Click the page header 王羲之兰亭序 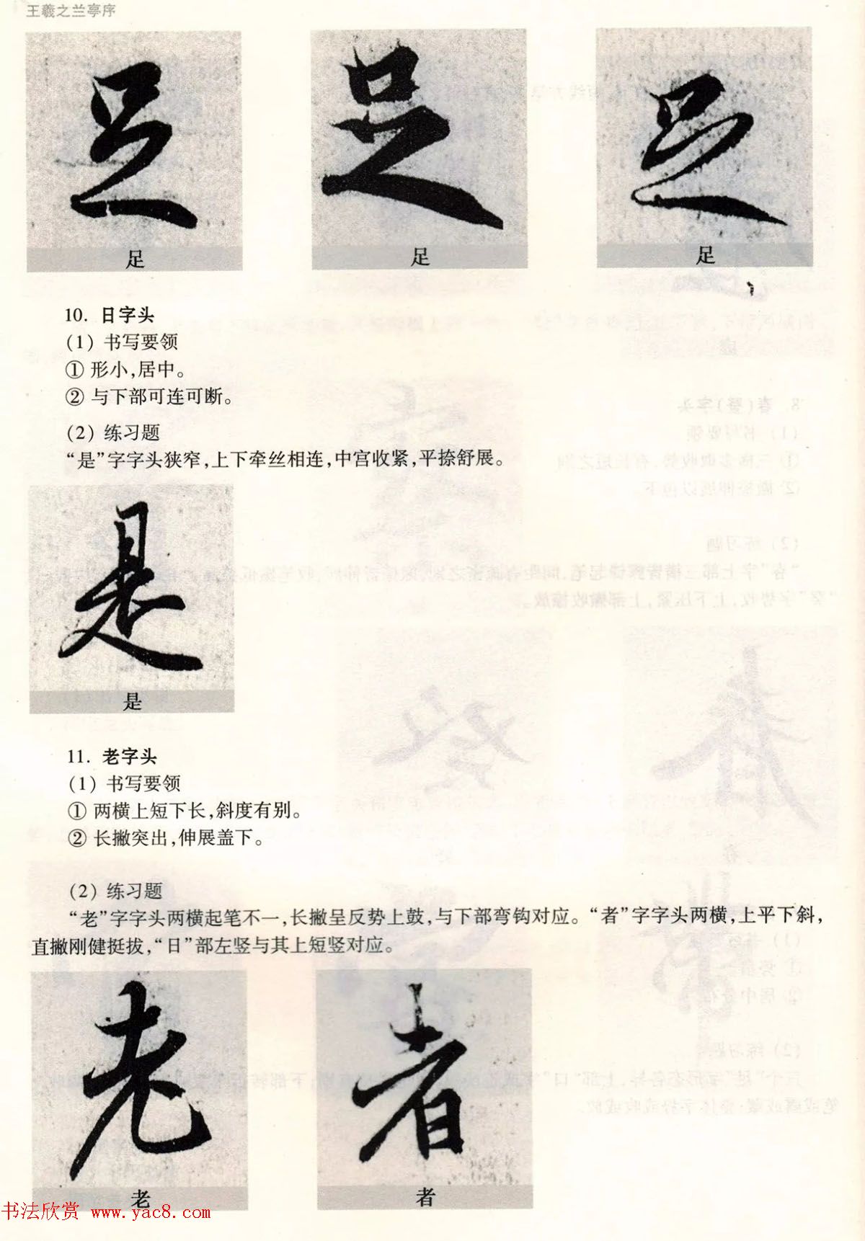[x=71, y=11]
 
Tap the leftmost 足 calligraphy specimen [x=134, y=140]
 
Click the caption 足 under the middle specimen [x=420, y=257]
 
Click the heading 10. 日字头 [x=110, y=315]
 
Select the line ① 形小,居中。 [x=125, y=370]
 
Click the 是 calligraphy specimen [x=131, y=587]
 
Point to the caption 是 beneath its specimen [x=133, y=701]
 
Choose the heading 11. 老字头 [x=112, y=757]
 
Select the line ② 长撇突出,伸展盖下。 [x=165, y=838]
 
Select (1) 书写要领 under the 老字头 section [x=124, y=783]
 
